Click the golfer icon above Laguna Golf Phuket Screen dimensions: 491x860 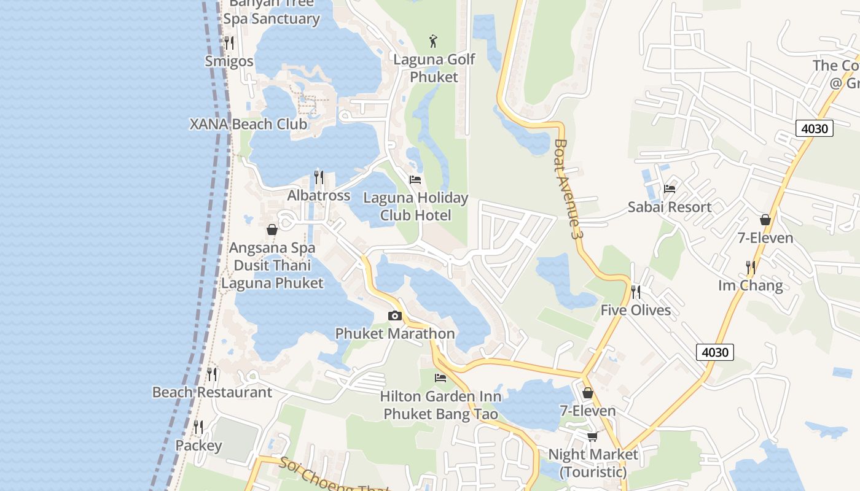click(x=434, y=42)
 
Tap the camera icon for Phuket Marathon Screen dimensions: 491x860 click(x=395, y=316)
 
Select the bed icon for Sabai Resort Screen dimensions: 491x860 click(x=670, y=189)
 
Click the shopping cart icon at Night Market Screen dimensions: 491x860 click(x=592, y=436)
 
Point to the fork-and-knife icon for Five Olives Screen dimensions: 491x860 click(x=636, y=292)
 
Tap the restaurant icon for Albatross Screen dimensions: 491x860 click(x=319, y=177)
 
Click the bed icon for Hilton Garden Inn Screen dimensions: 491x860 click(x=440, y=378)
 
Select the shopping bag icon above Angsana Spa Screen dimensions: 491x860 click(x=272, y=230)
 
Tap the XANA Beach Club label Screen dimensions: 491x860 click(x=248, y=124)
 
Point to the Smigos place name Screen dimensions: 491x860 click(x=229, y=61)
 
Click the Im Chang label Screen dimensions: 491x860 click(x=751, y=285)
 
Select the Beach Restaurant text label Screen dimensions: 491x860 click(x=212, y=392)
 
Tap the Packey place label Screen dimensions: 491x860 click(x=198, y=445)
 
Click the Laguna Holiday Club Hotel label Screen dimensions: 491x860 click(x=416, y=207)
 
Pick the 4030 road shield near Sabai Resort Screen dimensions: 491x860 click(x=815, y=128)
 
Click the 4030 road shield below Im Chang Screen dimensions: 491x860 click(x=715, y=352)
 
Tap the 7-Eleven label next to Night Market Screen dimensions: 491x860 click(x=588, y=410)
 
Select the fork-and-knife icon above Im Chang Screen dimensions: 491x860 click(x=751, y=268)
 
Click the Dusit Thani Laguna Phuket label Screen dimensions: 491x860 click(x=272, y=274)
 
